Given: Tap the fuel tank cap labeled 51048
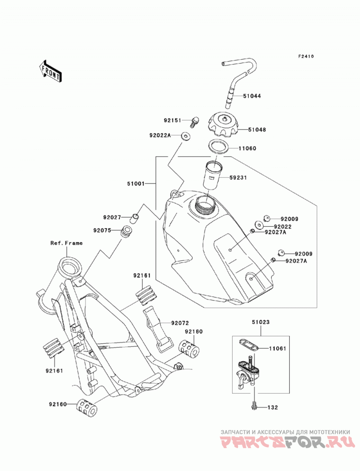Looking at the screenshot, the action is tap(224, 124).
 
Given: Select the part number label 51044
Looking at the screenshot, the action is tap(252, 96).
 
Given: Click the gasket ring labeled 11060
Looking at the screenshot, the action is tap(218, 147).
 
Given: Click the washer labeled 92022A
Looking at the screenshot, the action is tap(186, 135).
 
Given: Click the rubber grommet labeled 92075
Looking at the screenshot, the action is tap(126, 231).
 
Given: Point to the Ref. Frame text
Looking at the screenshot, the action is tap(67, 243).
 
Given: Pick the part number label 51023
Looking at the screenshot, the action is tap(261, 322).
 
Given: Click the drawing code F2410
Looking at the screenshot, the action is tap(306, 56).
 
